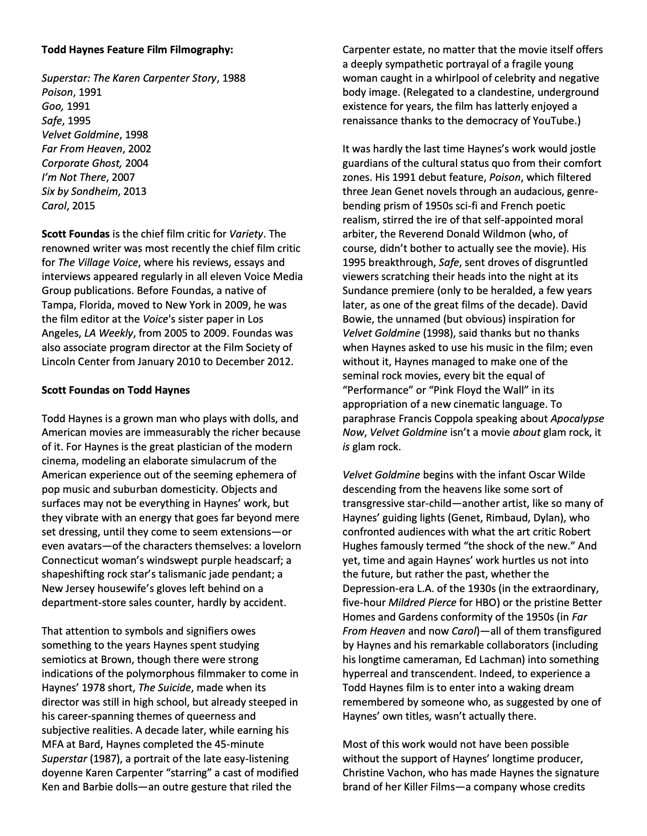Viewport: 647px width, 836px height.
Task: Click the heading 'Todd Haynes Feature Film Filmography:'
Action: coord(137,50)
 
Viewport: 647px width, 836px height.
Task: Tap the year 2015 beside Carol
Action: coord(83,206)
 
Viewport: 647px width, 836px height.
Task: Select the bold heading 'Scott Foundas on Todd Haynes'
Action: coord(116,390)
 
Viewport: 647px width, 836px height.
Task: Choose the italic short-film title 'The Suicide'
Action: coord(164,688)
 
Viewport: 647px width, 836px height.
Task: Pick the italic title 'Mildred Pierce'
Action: coord(422,603)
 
